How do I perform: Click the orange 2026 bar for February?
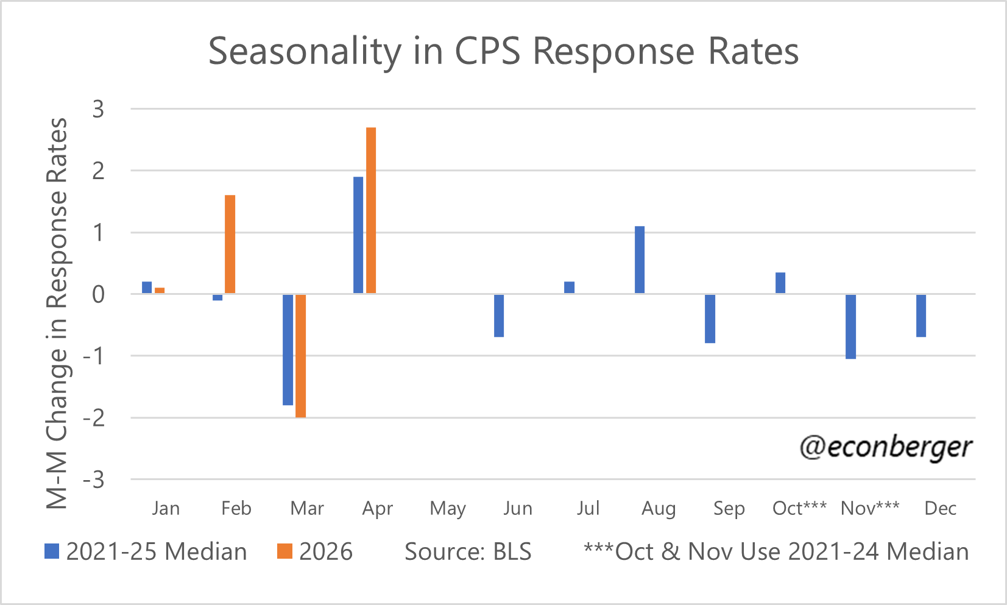tap(230, 244)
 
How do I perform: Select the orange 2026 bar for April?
tap(371, 210)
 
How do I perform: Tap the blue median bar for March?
tap(288, 350)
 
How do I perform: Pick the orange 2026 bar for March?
tap(301, 356)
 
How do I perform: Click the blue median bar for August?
tap(639, 260)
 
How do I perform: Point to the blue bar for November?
tap(850, 327)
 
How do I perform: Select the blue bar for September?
tap(710, 319)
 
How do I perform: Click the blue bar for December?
tap(921, 316)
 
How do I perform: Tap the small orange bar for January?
tap(160, 291)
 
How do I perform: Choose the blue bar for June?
tap(498, 316)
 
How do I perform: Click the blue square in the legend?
tap(52, 551)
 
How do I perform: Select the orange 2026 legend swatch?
tap(284, 551)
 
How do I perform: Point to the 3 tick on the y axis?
tap(98, 109)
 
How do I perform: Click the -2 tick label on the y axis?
tap(93, 419)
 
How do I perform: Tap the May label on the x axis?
tap(448, 509)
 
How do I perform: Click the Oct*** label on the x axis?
tap(799, 508)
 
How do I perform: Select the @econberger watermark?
tap(886, 447)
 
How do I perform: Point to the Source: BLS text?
tap(468, 551)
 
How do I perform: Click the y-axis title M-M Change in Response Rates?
tap(57, 313)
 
